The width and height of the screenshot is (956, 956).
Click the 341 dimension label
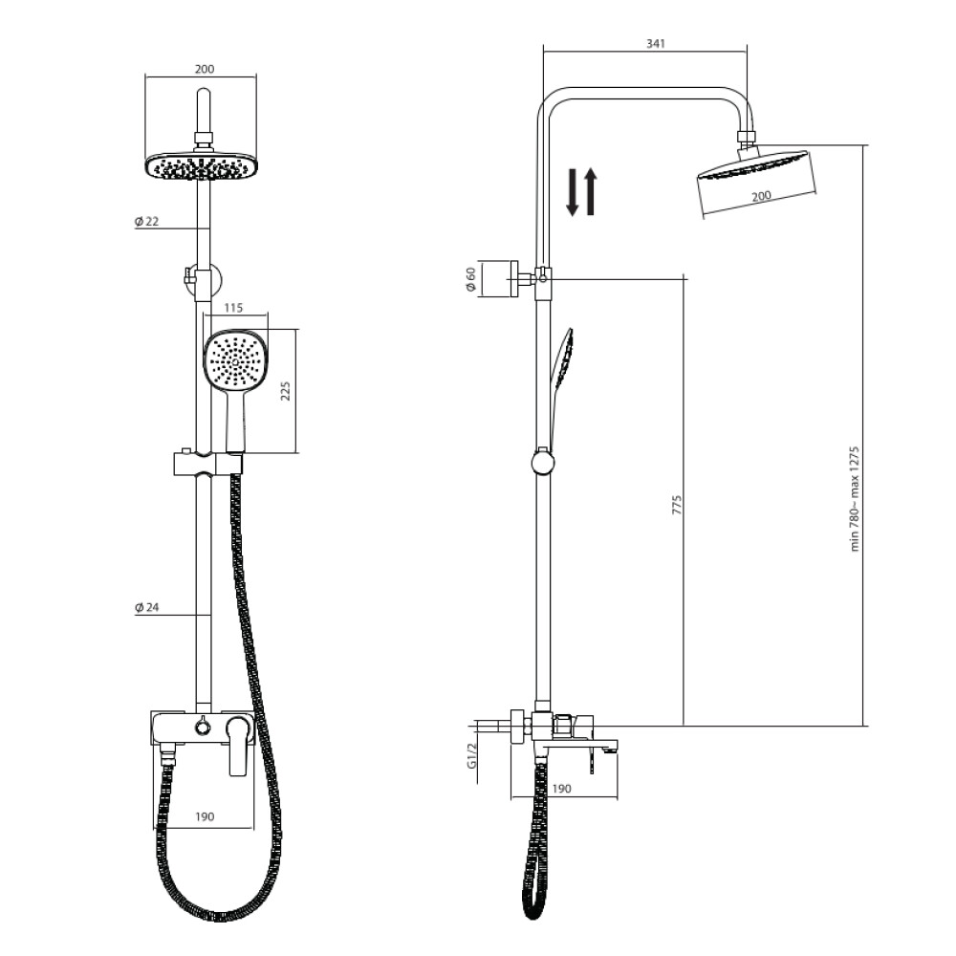[x=656, y=43]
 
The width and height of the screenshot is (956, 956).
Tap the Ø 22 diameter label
[x=146, y=222]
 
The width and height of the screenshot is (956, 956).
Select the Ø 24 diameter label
[x=146, y=607]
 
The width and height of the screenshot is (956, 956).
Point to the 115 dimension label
[x=233, y=308]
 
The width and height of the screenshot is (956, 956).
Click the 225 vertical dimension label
[x=285, y=391]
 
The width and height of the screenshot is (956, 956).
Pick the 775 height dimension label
[x=677, y=505]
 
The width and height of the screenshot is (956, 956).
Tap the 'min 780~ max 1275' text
[x=855, y=499]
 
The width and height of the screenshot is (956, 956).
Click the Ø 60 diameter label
[x=470, y=279]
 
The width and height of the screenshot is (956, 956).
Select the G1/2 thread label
[x=471, y=756]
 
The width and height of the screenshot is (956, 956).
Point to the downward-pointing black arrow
[x=572, y=192]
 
